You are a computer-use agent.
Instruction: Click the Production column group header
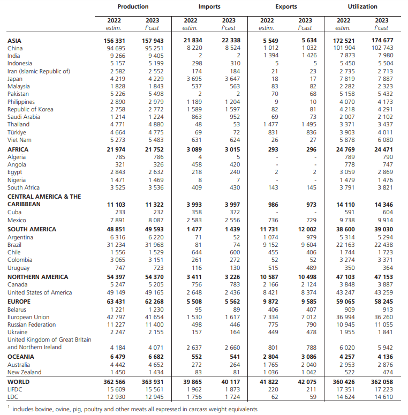(x=133, y=6)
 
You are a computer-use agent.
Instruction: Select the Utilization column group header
(x=362, y=6)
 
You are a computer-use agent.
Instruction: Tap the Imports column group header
(x=209, y=6)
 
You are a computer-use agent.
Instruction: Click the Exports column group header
(x=286, y=6)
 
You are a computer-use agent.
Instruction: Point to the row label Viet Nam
(x=20, y=141)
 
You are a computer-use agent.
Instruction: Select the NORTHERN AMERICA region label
(x=38, y=277)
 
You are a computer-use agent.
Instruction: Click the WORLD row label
(x=19, y=382)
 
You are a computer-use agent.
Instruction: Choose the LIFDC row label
(x=17, y=389)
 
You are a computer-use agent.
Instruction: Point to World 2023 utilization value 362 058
(x=381, y=382)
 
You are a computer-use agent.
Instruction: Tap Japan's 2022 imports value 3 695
(x=193, y=79)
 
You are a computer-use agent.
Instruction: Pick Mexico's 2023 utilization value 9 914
(x=384, y=221)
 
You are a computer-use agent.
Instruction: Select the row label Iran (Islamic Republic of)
(x=39, y=71)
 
